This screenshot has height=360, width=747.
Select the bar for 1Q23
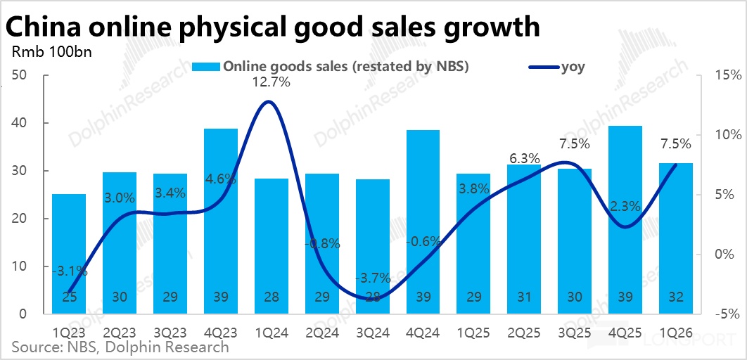tap(69, 253)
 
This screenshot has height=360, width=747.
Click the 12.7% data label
tap(271, 82)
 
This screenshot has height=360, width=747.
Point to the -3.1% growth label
tap(70, 270)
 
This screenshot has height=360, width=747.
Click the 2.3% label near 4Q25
tap(624, 207)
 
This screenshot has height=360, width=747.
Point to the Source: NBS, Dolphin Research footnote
tap(120, 347)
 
